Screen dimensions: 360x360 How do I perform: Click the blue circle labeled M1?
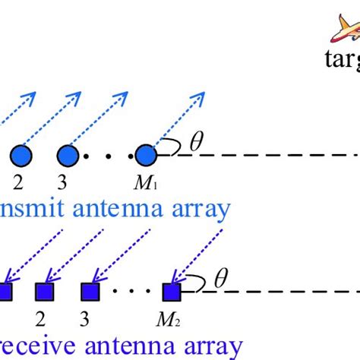point(147,156)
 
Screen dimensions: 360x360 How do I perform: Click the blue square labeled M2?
point(171,292)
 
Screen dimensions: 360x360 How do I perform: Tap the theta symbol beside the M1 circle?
point(196,143)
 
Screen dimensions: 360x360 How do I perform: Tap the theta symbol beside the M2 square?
point(220,279)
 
